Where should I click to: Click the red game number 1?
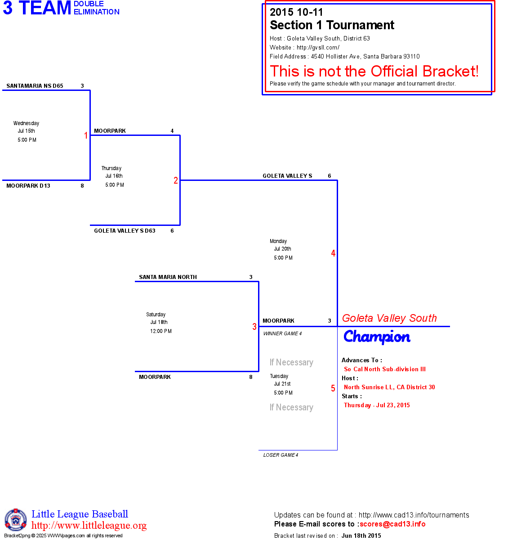coord(86,135)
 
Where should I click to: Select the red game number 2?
coord(176,180)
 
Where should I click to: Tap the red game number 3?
coord(254,327)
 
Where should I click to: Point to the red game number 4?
coord(333,253)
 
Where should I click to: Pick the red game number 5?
coord(333,388)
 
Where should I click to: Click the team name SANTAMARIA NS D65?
coord(35,86)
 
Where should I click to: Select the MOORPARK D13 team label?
coord(28,186)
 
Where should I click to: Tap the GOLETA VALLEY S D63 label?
coord(125,231)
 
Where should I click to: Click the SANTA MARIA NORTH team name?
coord(168,277)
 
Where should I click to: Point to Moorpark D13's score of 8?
coord(82,186)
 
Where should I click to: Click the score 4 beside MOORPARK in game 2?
coord(172,131)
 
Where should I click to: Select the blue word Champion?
coord(377,337)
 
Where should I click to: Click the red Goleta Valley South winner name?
coord(389,318)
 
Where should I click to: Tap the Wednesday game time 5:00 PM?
coord(27,140)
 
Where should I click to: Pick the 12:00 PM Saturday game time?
coord(161,331)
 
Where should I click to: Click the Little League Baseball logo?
coord(16,520)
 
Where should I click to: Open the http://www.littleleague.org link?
coord(89,526)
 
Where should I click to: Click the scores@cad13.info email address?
coord(392,524)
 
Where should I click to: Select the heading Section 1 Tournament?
coord(332,25)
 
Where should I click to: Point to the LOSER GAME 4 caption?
coord(281,455)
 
